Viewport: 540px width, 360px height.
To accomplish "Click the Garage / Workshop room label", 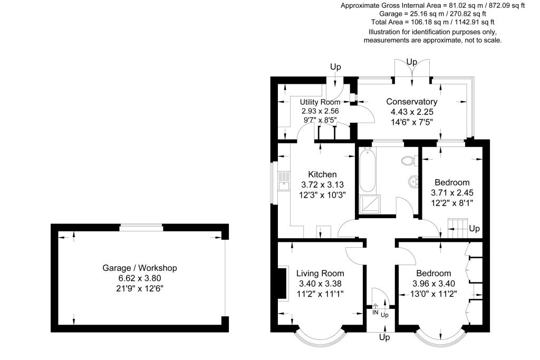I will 139,268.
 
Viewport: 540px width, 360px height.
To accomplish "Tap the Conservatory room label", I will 411,102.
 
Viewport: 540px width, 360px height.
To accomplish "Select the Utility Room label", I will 320,102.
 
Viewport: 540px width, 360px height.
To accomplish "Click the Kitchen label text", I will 322,174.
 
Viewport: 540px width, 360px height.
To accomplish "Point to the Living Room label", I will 320,273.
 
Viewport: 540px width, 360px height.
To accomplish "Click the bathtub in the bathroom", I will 367,171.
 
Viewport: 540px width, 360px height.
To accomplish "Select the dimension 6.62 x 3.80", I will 139,278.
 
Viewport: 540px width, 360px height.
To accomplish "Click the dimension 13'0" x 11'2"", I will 433,293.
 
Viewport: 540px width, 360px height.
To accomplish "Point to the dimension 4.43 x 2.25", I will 411,112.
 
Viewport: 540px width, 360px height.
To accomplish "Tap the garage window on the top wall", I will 141,228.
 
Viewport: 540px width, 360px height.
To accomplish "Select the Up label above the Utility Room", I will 335,67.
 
